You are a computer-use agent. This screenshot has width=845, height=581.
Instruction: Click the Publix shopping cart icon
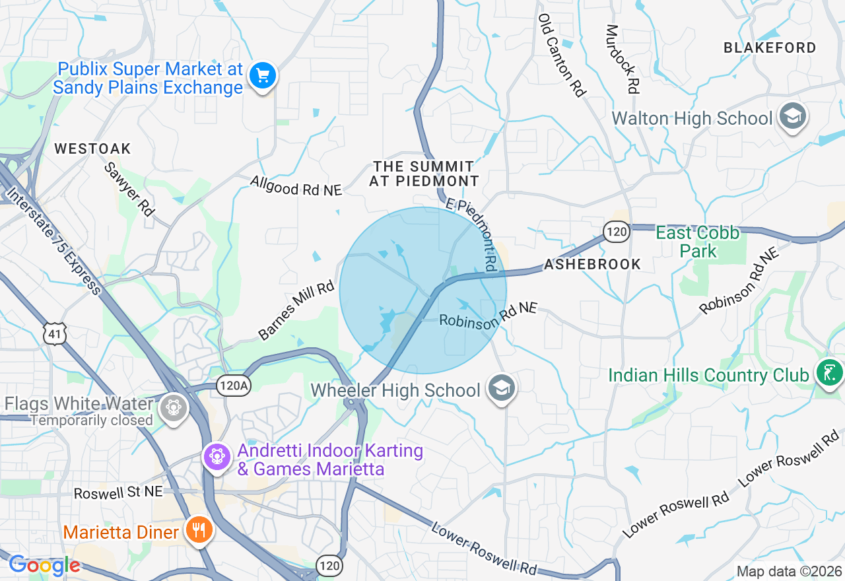pos(263,77)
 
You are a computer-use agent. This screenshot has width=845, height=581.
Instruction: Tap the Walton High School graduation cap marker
pos(791,118)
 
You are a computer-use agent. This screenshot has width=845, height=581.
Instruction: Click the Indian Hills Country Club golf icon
pos(829,373)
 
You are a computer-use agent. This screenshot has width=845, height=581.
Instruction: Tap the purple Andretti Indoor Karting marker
pos(217,456)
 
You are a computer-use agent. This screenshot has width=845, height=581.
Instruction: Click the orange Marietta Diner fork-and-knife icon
pos(198,530)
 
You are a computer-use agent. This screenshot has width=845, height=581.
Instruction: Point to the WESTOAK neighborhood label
pos(93,149)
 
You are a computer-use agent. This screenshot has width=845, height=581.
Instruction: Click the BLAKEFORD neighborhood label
pos(770,48)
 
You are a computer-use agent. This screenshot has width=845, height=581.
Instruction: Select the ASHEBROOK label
pos(592,264)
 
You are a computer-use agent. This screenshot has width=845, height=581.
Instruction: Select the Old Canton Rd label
pos(562,55)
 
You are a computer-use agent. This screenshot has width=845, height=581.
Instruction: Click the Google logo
pos(44,565)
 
